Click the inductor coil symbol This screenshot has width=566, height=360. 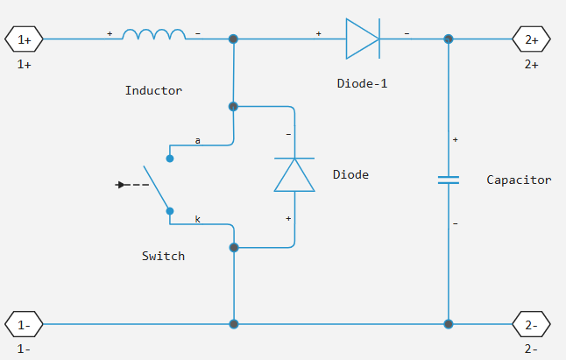(x=154, y=35)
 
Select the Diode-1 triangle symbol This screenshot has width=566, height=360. (x=362, y=39)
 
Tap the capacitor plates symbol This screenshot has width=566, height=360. (x=449, y=180)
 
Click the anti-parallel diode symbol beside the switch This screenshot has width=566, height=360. (x=294, y=174)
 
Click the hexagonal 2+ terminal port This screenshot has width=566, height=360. (x=532, y=39)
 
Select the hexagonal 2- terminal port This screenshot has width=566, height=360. (x=532, y=324)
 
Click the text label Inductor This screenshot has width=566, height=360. (x=154, y=90)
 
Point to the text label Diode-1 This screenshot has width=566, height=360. (x=362, y=84)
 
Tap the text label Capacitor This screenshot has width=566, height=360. (x=519, y=180)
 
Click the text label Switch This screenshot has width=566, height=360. (x=163, y=256)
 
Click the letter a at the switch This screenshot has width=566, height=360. (x=197, y=140)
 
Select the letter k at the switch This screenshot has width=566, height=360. (x=197, y=219)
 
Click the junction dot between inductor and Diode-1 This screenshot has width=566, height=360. (x=233, y=39)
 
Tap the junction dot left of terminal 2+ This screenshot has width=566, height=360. (x=449, y=39)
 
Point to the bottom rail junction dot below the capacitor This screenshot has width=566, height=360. (x=449, y=324)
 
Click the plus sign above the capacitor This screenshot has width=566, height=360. (x=456, y=139)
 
